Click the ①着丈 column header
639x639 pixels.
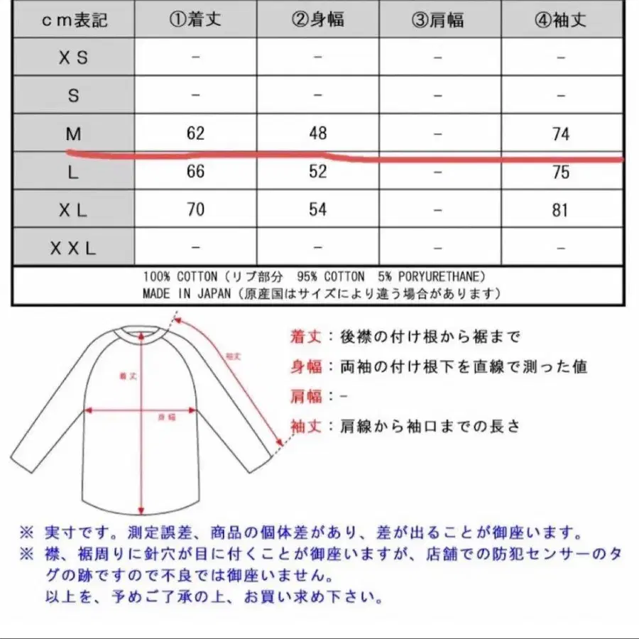pos(195,19)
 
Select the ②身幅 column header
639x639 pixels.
pos(317,19)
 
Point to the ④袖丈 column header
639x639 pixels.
pos(560,19)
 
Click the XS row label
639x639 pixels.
pos(73,58)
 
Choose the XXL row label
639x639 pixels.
pos(73,248)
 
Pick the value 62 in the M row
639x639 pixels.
pos(196,133)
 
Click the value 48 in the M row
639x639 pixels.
pos(317,133)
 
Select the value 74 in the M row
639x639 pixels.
pos(560,134)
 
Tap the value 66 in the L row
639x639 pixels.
pos(196,172)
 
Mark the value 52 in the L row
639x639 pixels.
pos(317,172)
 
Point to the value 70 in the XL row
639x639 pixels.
pos(196,209)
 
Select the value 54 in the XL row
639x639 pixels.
pos(317,209)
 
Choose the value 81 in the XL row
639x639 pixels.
pos(560,210)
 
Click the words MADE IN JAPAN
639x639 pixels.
pos(186,293)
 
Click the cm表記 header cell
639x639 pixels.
pos(73,19)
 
